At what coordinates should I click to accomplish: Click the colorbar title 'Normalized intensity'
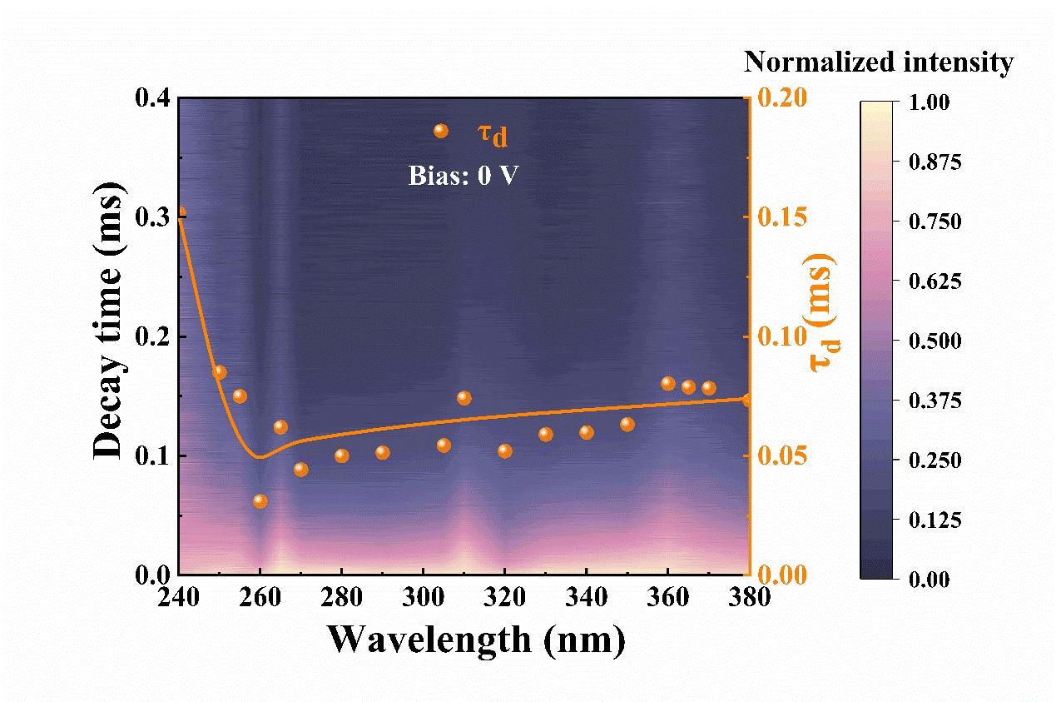click(x=878, y=62)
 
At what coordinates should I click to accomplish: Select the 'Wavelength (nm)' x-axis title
click(x=475, y=640)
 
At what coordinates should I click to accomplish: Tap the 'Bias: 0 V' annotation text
click(x=464, y=177)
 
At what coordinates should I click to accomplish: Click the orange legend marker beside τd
click(x=441, y=131)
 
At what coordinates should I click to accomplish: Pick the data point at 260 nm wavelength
click(x=260, y=501)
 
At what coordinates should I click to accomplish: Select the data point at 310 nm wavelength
click(x=464, y=398)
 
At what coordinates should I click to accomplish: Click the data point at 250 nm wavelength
click(x=220, y=372)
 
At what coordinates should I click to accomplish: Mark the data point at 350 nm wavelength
click(x=627, y=425)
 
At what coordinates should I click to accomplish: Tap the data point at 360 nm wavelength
click(x=667, y=383)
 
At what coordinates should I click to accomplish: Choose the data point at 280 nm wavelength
click(x=341, y=456)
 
